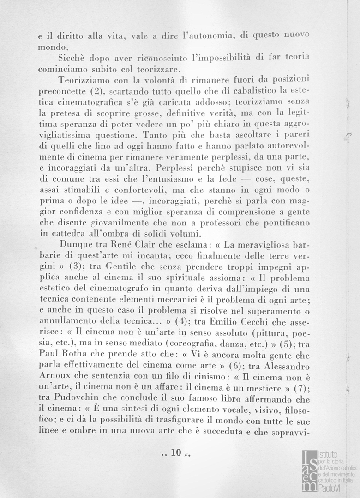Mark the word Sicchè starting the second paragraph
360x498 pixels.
(72, 59)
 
